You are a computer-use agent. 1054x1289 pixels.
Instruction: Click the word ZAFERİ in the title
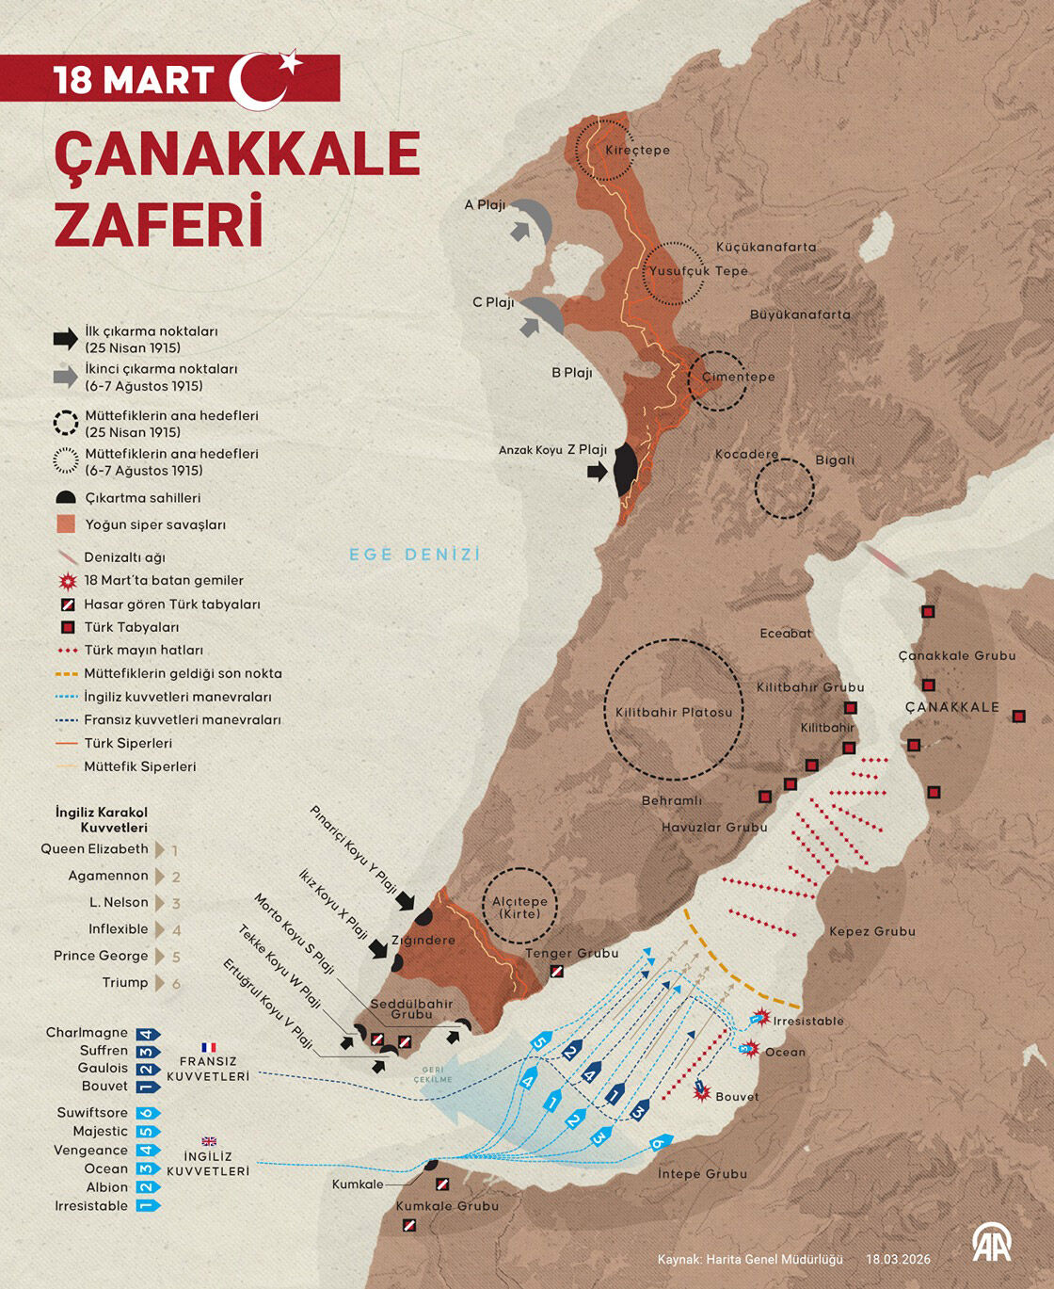[158, 222]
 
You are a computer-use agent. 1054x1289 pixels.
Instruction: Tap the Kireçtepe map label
[637, 150]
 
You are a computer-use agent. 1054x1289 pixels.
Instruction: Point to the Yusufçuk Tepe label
[697, 271]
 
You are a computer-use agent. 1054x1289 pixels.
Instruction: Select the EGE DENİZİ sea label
[415, 555]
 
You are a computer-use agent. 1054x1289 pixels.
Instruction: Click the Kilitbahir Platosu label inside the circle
[673, 713]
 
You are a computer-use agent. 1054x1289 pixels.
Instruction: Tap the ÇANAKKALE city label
[951, 707]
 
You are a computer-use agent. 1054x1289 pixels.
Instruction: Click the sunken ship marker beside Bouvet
[701, 1090]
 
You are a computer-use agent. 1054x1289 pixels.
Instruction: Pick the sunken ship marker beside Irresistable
[760, 1018]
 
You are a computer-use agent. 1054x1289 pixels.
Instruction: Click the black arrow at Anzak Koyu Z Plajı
[597, 472]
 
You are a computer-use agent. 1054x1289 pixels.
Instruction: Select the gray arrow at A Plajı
[519, 231]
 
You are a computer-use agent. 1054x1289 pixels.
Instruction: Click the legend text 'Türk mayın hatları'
[143, 651]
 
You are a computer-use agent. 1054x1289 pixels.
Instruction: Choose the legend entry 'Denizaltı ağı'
[124, 557]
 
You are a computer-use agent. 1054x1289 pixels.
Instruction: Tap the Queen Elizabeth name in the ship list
[94, 849]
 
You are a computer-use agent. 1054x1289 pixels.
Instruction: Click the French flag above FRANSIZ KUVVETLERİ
[208, 1047]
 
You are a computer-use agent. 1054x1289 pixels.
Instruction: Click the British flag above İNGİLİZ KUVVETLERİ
[208, 1141]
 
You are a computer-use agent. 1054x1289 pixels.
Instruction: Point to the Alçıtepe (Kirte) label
[519, 907]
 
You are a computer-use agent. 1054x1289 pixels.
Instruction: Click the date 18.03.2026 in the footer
[898, 1259]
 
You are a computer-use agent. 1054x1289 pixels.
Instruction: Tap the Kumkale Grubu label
[447, 1206]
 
